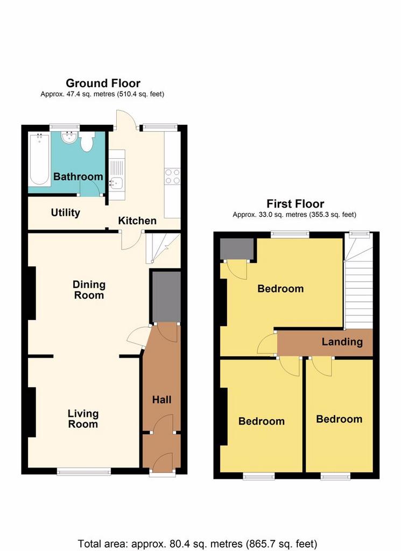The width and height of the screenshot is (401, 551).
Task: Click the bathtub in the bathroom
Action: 39,159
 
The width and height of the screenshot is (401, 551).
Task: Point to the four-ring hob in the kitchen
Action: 172,176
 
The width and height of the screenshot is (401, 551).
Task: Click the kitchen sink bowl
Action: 116,183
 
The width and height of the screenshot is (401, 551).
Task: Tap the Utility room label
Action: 65,213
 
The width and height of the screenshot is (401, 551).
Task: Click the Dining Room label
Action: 89,290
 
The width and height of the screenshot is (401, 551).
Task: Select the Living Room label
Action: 83,419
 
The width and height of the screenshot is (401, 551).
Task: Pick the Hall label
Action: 161,400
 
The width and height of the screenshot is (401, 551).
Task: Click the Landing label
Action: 342,342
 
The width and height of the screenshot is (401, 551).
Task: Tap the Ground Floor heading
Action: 103,83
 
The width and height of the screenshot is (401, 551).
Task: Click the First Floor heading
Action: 295,204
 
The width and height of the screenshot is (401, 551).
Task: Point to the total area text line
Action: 197,544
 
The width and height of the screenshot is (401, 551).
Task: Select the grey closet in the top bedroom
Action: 237,249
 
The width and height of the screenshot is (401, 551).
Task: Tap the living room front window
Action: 84,471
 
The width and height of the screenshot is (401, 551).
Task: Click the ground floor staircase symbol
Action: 163,248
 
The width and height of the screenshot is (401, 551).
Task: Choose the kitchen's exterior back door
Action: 125,119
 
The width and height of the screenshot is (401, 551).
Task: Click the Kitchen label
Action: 137,221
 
